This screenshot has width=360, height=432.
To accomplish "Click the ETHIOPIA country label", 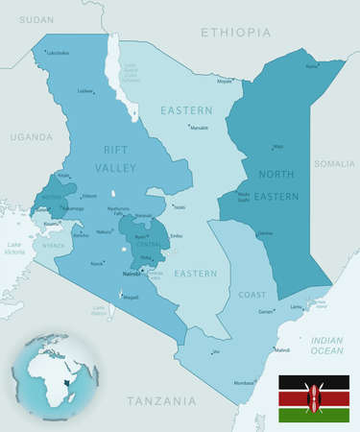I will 235,33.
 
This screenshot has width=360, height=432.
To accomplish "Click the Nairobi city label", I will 132,274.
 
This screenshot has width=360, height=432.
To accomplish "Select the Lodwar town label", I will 86,91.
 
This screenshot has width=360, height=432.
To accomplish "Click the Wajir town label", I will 278,147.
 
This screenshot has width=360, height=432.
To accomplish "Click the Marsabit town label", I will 199,128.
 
